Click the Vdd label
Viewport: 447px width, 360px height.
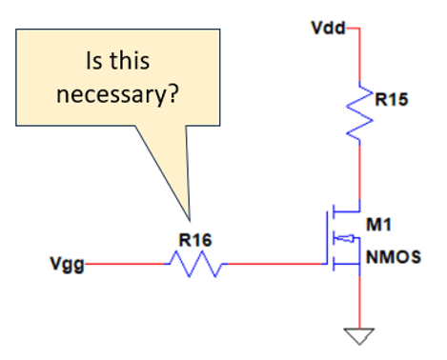pyautogui.click(x=328, y=28)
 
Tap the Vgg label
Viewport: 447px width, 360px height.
pyautogui.click(x=68, y=264)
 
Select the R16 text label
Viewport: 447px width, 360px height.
pyautogui.click(x=195, y=240)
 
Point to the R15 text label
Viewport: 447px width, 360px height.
pyautogui.click(x=392, y=99)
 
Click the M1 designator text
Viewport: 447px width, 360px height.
pyautogui.click(x=378, y=225)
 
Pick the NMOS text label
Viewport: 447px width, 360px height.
pyautogui.click(x=394, y=257)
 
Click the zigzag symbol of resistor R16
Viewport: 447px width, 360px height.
pyautogui.click(x=196, y=264)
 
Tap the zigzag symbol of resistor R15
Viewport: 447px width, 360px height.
pyautogui.click(x=359, y=113)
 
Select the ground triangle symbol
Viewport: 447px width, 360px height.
pyautogui.click(x=359, y=336)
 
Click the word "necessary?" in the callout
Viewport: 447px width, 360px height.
pyautogui.click(x=117, y=95)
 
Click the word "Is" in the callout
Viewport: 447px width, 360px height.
pyautogui.click(x=93, y=61)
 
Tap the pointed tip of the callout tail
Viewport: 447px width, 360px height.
pyautogui.click(x=190, y=220)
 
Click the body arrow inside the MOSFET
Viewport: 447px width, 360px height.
pyautogui.click(x=345, y=238)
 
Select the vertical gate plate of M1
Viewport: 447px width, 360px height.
pyautogui.click(x=327, y=237)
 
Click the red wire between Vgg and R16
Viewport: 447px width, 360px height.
pyautogui.click(x=125, y=264)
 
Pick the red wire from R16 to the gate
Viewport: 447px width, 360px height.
pyautogui.click(x=274, y=264)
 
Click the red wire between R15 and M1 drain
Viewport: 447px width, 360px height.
pyautogui.click(x=359, y=172)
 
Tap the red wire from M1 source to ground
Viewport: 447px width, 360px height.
pyautogui.click(x=359, y=303)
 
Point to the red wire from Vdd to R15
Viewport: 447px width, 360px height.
pyautogui.click(x=359, y=54)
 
